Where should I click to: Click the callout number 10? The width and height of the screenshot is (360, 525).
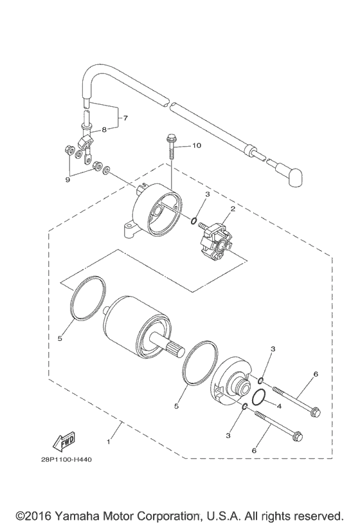[x=197, y=146]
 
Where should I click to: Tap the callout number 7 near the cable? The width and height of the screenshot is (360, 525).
[x=125, y=118]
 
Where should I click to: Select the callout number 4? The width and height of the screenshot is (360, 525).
[x=279, y=406]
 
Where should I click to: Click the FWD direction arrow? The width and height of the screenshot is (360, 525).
[x=50, y=444]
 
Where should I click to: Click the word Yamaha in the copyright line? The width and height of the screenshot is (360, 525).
[x=78, y=517]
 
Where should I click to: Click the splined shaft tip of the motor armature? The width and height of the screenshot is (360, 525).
[x=175, y=353]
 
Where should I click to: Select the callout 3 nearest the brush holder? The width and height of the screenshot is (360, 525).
[x=207, y=194]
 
